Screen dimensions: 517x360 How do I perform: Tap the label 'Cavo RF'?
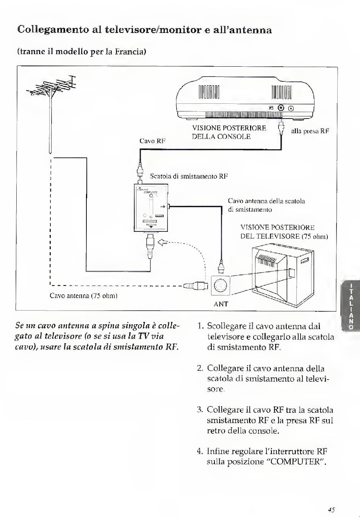tap(152, 141)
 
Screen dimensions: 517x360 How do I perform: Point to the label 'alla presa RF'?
tap(310, 131)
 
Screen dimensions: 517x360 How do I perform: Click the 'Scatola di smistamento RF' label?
tap(189, 176)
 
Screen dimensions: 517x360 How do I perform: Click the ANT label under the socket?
tap(221, 304)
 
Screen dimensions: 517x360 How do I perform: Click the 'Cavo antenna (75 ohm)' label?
tap(83, 295)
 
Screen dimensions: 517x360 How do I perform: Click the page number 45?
tap(332, 510)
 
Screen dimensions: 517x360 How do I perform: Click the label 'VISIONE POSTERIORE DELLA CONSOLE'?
tap(229, 132)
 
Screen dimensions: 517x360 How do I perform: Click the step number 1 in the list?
tap(200, 326)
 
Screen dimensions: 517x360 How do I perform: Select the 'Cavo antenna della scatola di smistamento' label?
tap(266, 205)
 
